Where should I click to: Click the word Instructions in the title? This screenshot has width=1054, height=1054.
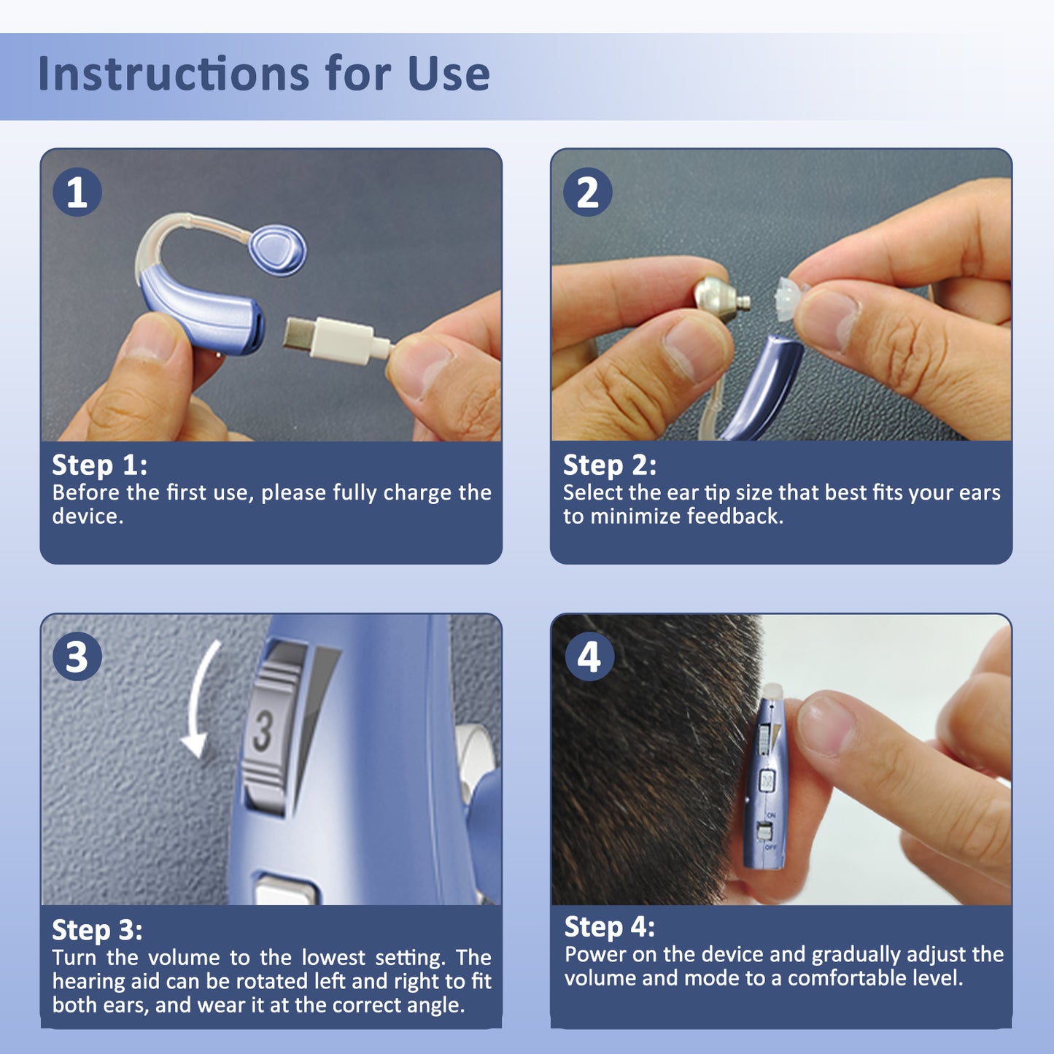click(174, 74)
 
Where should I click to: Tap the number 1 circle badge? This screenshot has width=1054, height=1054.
click(77, 193)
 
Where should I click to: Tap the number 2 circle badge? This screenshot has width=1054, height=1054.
click(588, 193)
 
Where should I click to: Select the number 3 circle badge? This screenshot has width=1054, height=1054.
click(77, 656)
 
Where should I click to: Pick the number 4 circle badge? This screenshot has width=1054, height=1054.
click(589, 656)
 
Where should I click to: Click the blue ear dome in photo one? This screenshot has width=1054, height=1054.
click(278, 249)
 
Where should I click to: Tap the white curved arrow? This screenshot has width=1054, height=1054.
click(199, 700)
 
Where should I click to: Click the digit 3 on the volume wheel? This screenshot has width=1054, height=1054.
click(263, 732)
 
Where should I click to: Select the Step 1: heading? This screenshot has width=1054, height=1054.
click(99, 465)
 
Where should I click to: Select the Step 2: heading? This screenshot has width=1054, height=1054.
click(610, 465)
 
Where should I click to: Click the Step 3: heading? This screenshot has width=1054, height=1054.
click(97, 930)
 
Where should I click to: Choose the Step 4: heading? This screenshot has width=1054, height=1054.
click(610, 927)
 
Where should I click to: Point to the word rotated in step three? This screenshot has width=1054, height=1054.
click(268, 982)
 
